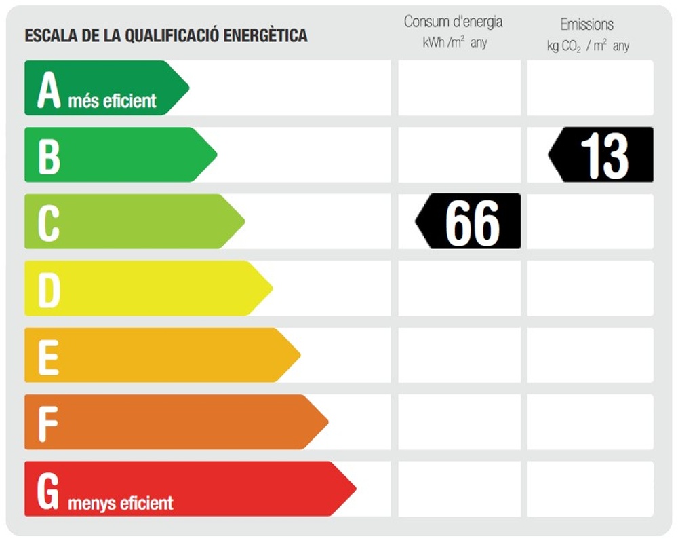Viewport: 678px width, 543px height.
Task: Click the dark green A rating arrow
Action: point(102,88)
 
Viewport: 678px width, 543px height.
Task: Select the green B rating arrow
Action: point(115,155)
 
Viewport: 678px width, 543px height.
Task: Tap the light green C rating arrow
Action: point(129,221)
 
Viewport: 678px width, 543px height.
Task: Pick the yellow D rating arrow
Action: point(142,288)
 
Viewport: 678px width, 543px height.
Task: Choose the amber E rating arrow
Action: point(156,355)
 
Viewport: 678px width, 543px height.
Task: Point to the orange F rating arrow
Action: point(169,422)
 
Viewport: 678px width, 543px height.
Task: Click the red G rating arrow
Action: point(183,489)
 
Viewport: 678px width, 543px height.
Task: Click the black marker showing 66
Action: point(469,221)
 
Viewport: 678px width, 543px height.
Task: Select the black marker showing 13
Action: point(602,155)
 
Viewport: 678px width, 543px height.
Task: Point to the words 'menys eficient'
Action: point(121,503)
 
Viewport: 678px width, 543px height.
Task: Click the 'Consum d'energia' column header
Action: point(453,22)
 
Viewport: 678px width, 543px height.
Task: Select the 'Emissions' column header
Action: point(586,24)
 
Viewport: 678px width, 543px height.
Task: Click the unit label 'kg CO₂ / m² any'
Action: point(588,46)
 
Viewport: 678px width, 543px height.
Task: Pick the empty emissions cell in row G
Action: point(591,489)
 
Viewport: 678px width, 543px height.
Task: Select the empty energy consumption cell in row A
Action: point(459,88)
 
